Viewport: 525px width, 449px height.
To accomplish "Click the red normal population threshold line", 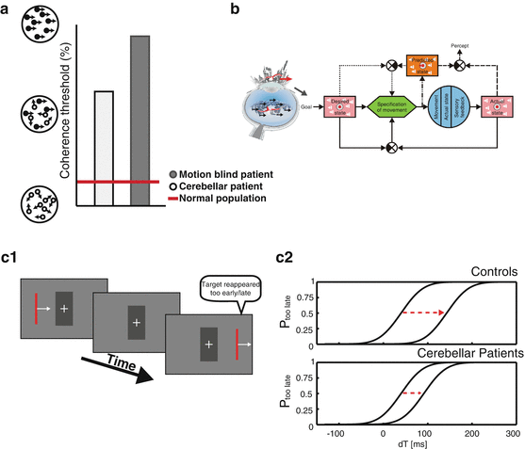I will (117, 182).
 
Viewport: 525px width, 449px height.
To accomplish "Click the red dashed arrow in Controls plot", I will (421, 311).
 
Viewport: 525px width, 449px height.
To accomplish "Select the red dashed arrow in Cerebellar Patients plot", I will (410, 393).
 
